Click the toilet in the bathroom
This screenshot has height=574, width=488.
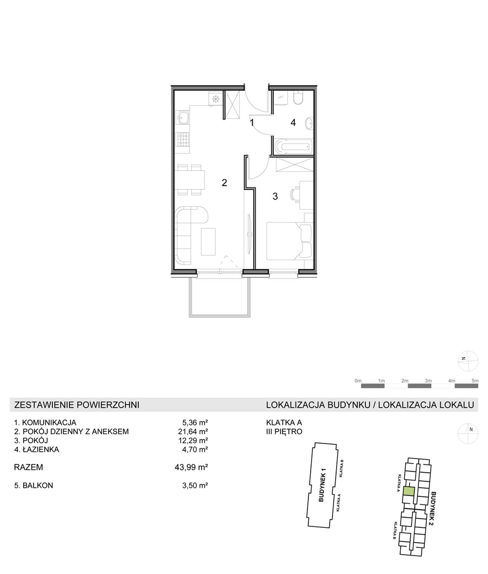(298, 97)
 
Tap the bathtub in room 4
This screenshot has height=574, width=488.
(293, 147)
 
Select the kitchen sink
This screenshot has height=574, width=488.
(183, 118)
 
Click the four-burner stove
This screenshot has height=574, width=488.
(183, 140)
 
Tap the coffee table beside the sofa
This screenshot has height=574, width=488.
(208, 242)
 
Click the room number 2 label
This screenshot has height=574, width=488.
(224, 183)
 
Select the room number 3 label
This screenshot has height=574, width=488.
(275, 196)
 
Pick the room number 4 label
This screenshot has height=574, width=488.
(293, 123)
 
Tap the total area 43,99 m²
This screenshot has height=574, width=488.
(191, 468)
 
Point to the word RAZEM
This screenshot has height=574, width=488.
(29, 468)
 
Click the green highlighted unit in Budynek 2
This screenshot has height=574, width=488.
(409, 491)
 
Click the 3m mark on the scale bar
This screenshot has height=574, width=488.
(428, 381)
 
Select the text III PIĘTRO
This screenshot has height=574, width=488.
(284, 432)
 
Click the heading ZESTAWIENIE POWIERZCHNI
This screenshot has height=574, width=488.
(77, 405)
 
